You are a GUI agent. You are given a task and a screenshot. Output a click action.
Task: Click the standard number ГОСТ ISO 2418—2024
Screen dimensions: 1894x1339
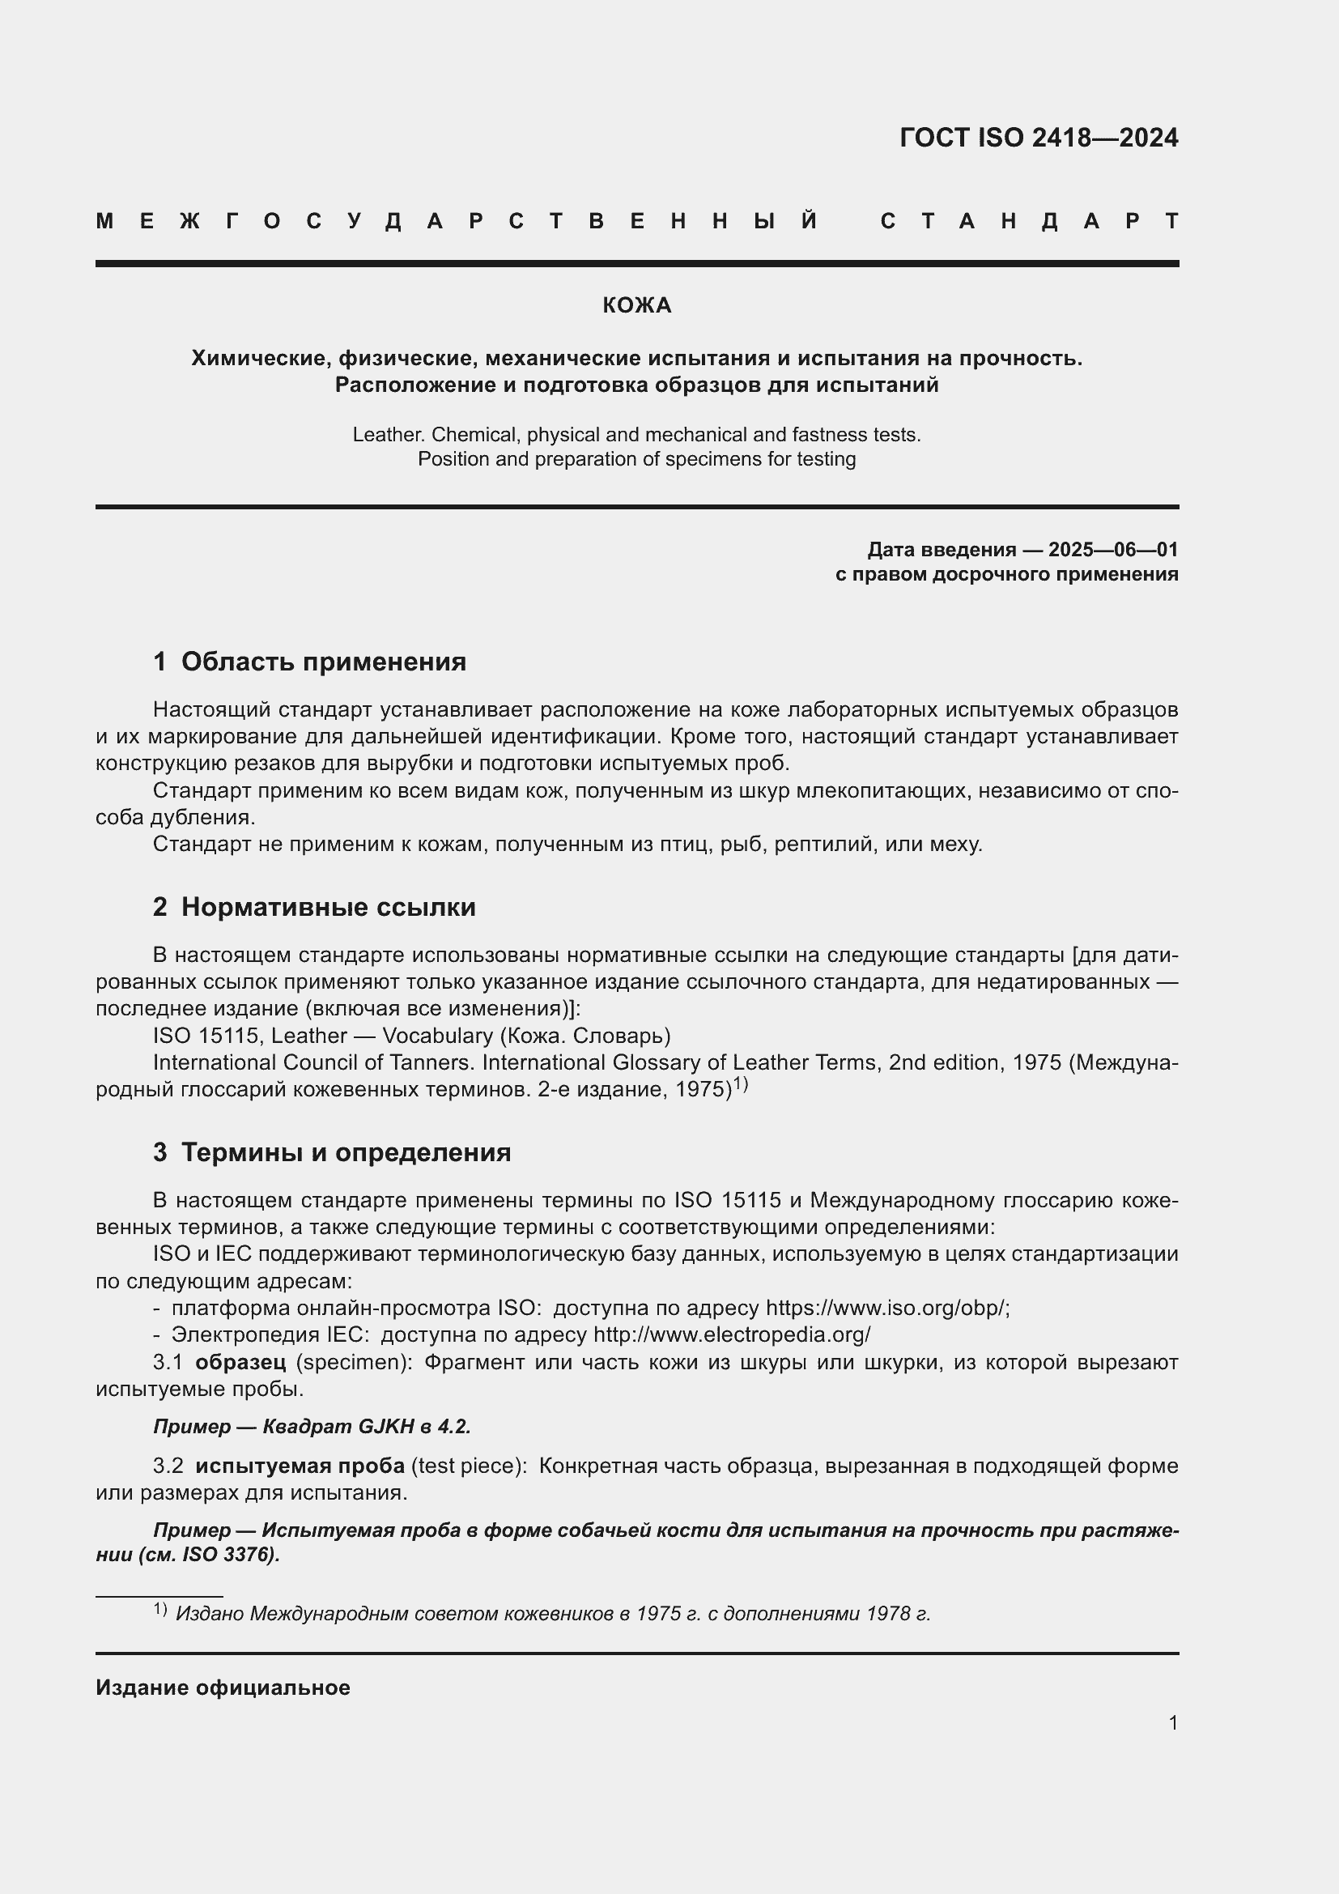(x=1038, y=138)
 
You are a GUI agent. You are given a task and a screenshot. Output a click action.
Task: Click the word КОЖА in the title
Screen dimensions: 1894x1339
(x=636, y=306)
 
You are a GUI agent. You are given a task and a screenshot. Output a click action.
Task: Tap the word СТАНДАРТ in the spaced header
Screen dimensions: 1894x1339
(x=1029, y=221)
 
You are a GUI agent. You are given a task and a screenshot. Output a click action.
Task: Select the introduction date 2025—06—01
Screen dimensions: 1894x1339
(x=1112, y=549)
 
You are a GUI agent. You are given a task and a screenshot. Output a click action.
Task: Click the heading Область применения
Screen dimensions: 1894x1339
(x=323, y=662)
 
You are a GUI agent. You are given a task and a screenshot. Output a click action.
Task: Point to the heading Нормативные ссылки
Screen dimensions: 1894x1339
(x=328, y=907)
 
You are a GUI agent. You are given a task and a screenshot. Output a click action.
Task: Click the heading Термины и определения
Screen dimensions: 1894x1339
(x=346, y=1151)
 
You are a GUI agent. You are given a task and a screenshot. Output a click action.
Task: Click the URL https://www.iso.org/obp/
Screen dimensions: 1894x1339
(x=887, y=1308)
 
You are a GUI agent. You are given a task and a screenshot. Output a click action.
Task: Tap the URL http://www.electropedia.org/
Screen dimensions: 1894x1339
(x=731, y=1334)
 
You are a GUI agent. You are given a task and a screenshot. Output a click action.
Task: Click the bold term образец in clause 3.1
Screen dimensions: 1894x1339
(x=240, y=1362)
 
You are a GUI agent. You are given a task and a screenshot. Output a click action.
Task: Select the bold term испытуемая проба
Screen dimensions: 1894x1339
(x=300, y=1466)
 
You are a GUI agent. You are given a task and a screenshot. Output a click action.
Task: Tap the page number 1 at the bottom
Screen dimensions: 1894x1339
(x=1172, y=1722)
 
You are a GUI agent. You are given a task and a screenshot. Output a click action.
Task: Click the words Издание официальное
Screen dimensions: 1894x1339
(x=223, y=1688)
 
